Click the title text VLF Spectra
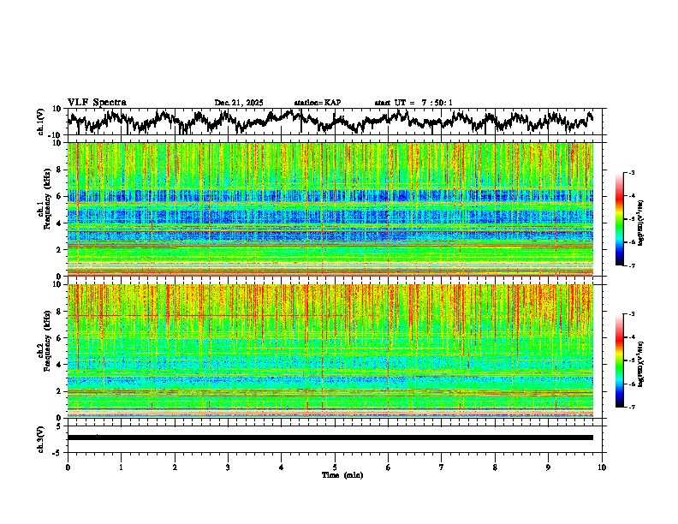(x=97, y=103)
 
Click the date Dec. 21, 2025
(x=240, y=103)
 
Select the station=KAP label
(x=317, y=103)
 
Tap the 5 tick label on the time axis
(x=335, y=467)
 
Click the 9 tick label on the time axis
(x=549, y=467)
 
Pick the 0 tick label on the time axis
(x=68, y=467)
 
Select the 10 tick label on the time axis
(x=602, y=467)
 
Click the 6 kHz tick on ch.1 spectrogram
(x=59, y=196)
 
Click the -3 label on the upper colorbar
(x=639, y=173)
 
